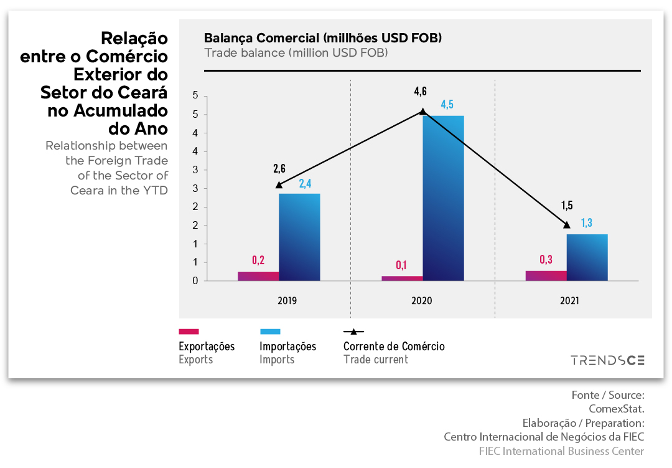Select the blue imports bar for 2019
point(299,237)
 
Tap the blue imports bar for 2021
point(587,257)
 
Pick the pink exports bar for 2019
point(258,276)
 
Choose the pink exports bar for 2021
point(546,275)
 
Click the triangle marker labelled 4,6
point(422,112)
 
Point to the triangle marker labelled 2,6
point(279,184)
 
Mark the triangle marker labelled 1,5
point(566,224)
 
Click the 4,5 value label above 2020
point(447,104)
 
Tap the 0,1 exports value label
point(401,266)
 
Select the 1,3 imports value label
point(587,223)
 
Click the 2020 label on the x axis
point(422,301)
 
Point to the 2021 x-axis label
point(569,301)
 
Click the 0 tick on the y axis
point(195,281)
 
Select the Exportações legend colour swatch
point(189,332)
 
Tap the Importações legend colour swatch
point(270,332)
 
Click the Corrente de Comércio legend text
point(394,346)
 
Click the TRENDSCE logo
point(608,360)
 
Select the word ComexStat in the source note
point(616,409)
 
